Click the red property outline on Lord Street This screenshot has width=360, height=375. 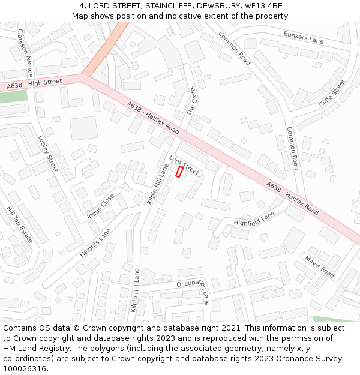[x=179, y=172]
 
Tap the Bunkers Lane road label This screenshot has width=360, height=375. [x=303, y=38]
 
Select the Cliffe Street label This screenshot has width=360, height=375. [x=332, y=94]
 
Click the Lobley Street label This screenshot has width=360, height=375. [x=48, y=153]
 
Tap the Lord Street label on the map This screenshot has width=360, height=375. [x=184, y=163]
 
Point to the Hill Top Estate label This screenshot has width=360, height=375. [x=19, y=224]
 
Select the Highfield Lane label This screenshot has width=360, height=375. [x=254, y=218]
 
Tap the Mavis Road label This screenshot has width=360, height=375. [x=319, y=266]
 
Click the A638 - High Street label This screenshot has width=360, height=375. [x=35, y=83]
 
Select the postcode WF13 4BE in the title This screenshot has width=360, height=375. [x=265, y=6]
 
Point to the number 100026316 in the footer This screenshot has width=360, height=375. [x=24, y=368]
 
